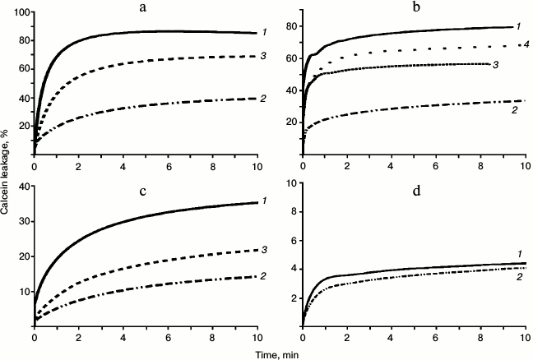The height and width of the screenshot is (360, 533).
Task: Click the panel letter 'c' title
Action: (x=145, y=195)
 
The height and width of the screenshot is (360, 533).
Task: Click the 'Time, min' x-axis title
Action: (x=280, y=351)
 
